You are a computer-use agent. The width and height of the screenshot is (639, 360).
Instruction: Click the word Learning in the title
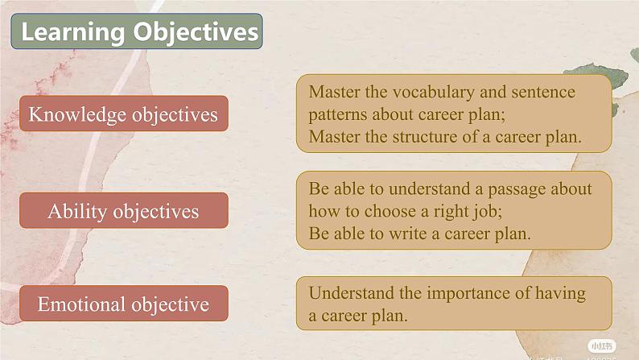pos(73,32)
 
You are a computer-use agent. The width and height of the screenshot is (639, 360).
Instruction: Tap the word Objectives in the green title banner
pos(196,32)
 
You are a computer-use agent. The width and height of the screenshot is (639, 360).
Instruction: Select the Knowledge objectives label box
pos(124,114)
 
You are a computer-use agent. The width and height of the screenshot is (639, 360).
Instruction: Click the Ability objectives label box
pos(124,211)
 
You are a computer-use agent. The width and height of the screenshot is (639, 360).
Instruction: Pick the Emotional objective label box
pos(124,304)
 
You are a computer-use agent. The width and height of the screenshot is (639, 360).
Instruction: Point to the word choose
pos(390,211)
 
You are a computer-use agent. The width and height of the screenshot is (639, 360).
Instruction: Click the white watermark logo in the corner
pos(601,346)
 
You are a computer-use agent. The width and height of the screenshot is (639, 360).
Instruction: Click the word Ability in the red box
pos(77,212)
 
